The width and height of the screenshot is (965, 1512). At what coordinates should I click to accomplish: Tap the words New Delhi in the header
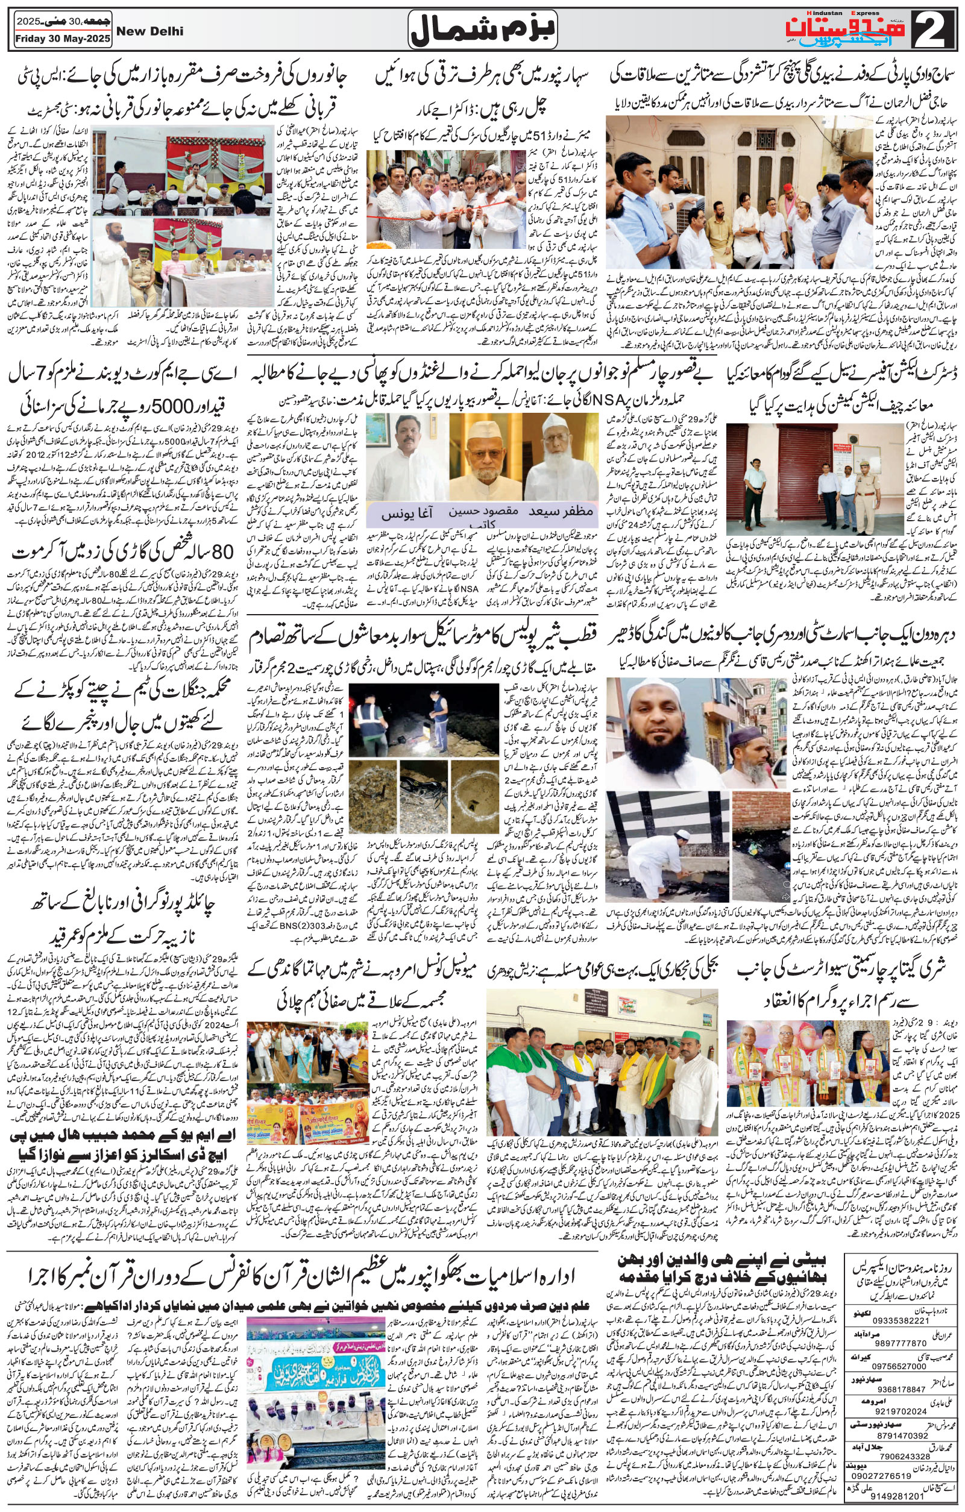point(150,31)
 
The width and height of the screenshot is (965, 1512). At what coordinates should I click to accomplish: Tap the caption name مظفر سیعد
point(560,512)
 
